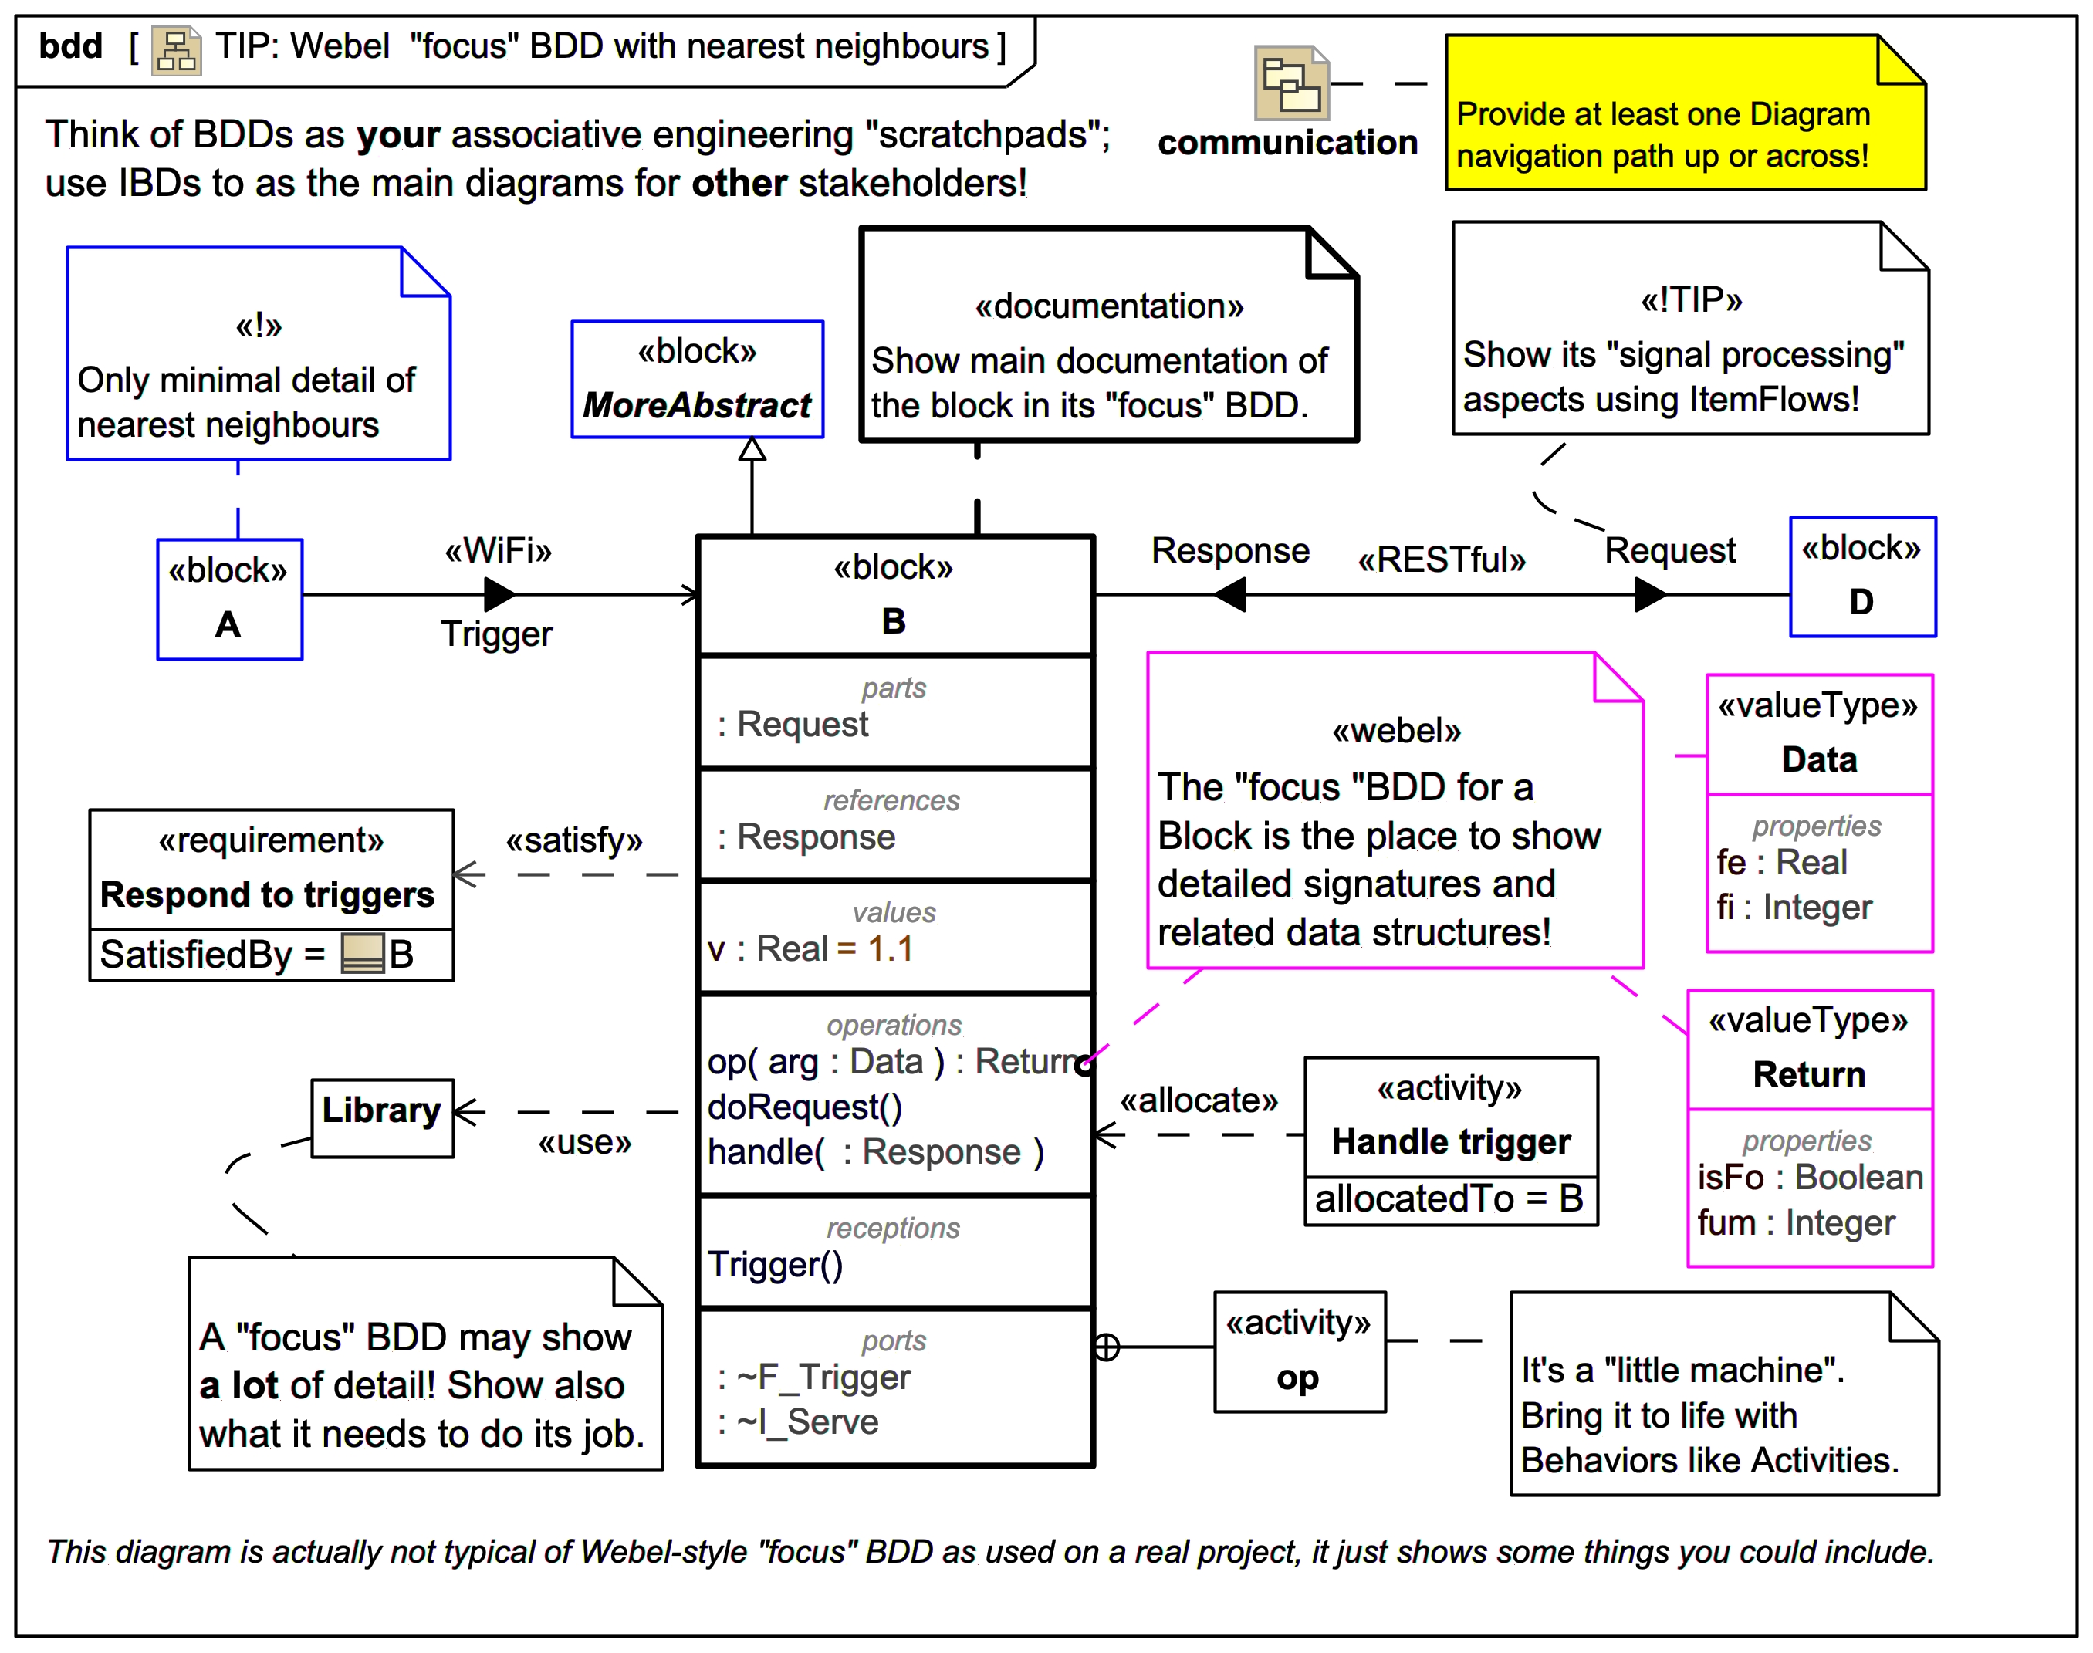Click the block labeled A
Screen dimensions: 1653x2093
(x=229, y=599)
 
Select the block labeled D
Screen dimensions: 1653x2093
(x=1861, y=576)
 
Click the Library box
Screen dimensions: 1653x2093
(x=381, y=1117)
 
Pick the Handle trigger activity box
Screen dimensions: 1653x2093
(x=1449, y=1140)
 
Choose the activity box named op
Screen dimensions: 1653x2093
(x=1299, y=1351)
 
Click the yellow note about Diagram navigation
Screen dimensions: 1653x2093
(x=1684, y=114)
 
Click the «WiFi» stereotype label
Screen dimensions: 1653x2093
(x=497, y=551)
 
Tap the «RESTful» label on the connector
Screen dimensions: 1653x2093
(x=1441, y=560)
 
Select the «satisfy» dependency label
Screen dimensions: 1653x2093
(x=574, y=840)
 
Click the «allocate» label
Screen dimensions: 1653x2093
(x=1198, y=1100)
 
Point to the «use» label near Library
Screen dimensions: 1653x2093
(x=584, y=1142)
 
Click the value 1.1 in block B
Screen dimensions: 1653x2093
(x=889, y=948)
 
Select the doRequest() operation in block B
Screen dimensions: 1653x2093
(x=804, y=1106)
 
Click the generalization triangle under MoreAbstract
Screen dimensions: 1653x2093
(x=752, y=449)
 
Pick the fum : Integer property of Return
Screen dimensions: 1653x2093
(x=1795, y=1222)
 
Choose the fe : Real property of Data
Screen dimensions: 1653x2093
(x=1780, y=862)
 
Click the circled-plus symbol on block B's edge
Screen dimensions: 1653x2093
(x=1106, y=1346)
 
